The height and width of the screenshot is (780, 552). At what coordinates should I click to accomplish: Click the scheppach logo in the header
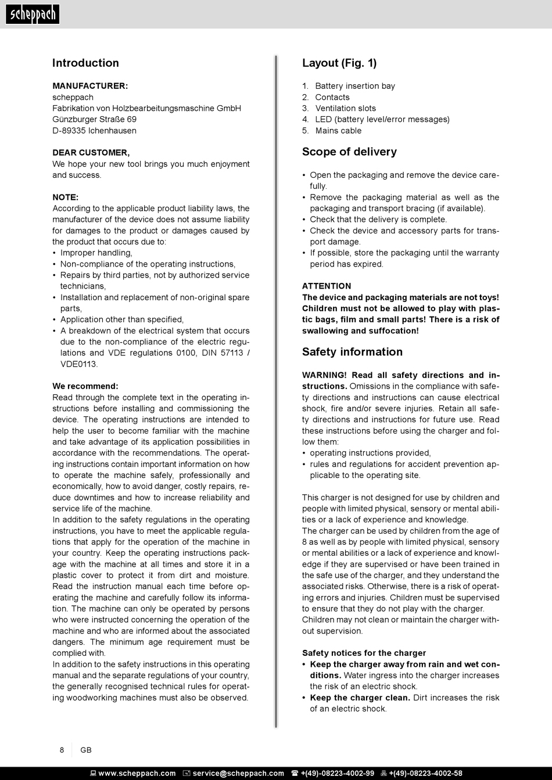pyautogui.click(x=32, y=14)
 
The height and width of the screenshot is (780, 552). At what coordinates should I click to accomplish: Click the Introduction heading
pyautogui.click(x=85, y=63)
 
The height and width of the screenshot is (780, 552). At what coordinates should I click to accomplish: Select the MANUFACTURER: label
pyautogui.click(x=90, y=86)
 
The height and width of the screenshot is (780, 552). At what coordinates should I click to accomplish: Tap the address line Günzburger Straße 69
pyautogui.click(x=94, y=119)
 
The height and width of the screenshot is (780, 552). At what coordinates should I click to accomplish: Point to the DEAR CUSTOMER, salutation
pyautogui.click(x=91, y=153)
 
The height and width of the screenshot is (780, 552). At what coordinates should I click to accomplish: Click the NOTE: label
pyautogui.click(x=65, y=197)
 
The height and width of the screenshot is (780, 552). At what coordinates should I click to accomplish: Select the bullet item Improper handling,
pyautogui.click(x=96, y=253)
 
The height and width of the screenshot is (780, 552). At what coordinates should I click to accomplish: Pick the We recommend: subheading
pyautogui.click(x=85, y=386)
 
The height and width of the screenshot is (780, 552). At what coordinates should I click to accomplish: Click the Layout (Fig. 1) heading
pyautogui.click(x=339, y=63)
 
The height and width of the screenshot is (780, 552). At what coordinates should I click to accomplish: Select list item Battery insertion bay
pyautogui.click(x=354, y=86)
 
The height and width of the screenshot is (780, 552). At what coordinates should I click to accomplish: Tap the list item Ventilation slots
pyautogui.click(x=345, y=108)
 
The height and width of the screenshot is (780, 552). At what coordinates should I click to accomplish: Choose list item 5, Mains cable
pyautogui.click(x=338, y=131)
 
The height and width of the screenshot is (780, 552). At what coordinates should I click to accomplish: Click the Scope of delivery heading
pyautogui.click(x=349, y=152)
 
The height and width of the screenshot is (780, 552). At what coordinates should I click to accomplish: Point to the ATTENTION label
pyautogui.click(x=327, y=286)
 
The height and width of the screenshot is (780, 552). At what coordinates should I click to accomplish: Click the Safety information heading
pyautogui.click(x=352, y=352)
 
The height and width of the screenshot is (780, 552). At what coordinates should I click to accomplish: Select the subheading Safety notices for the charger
pyautogui.click(x=364, y=653)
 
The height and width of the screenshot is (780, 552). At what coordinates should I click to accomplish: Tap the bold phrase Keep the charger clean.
pyautogui.click(x=360, y=698)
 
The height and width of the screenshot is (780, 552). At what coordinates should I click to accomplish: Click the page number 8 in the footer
pyautogui.click(x=62, y=750)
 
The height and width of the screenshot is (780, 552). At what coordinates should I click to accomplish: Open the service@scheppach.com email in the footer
pyautogui.click(x=238, y=773)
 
